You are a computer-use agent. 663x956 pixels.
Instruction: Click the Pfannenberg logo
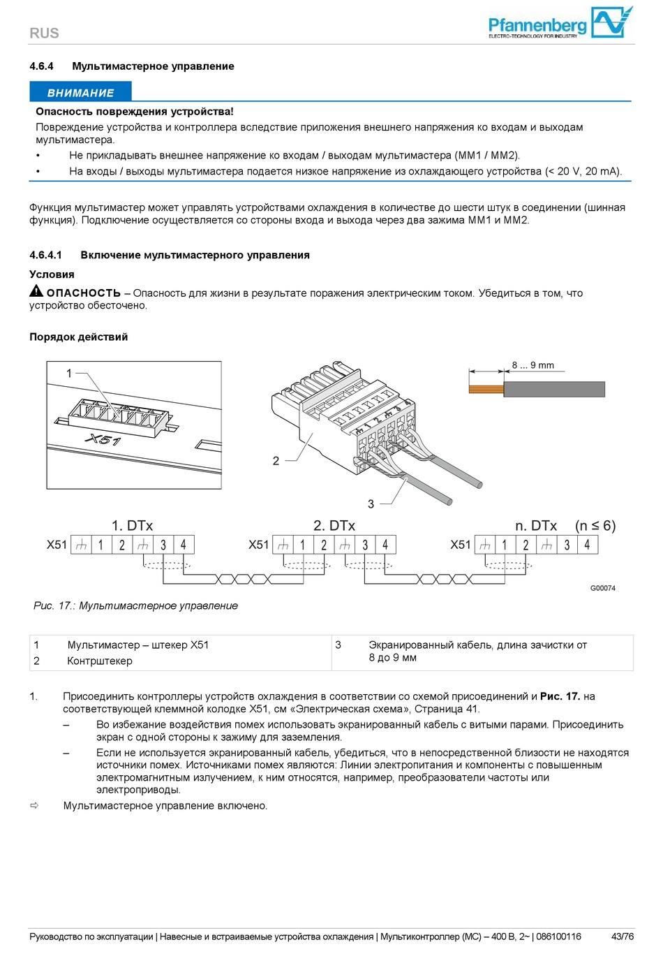coord(560,23)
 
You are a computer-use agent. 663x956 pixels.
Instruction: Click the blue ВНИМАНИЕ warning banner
coord(80,92)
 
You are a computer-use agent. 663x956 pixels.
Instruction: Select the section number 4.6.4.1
coord(45,255)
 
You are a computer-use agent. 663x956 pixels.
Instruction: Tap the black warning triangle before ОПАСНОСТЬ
coord(36,291)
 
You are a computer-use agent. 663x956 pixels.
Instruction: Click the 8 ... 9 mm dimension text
coord(532,365)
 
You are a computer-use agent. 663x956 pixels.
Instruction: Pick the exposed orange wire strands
coord(486,388)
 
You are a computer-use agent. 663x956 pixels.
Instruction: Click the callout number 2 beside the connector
coord(276,461)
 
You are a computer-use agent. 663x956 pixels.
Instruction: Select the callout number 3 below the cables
coord(371,503)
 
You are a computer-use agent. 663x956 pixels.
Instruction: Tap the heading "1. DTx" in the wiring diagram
coord(132,526)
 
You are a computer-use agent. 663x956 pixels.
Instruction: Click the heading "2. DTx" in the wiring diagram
coord(334,526)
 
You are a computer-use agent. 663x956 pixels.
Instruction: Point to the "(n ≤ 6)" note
coord(595,526)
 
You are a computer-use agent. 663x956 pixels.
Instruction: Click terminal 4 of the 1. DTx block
coord(184,545)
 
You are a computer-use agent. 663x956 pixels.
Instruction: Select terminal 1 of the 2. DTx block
coord(302,545)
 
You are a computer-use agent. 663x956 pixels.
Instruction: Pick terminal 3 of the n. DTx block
coord(567,545)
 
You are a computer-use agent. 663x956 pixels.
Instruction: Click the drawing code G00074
coord(603,588)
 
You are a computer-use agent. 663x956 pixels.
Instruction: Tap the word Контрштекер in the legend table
coord(100,661)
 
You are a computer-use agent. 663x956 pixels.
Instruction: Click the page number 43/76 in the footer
coord(623,936)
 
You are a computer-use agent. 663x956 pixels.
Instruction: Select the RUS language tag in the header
coord(44,33)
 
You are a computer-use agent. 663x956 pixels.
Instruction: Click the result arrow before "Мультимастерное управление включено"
coord(34,806)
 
